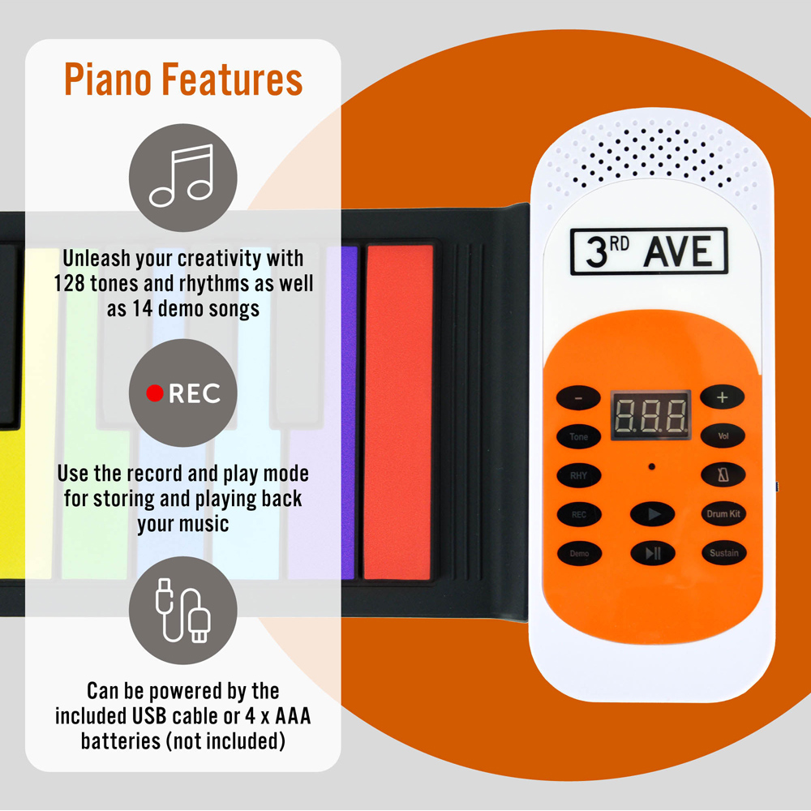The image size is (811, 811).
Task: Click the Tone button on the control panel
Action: (x=579, y=436)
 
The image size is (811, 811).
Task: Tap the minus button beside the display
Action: (x=578, y=397)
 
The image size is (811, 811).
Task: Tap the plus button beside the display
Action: (x=722, y=397)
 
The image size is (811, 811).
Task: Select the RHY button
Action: (x=579, y=475)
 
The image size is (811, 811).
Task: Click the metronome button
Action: (x=723, y=474)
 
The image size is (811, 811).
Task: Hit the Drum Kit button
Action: (x=723, y=513)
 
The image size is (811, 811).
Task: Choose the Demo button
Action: (x=579, y=553)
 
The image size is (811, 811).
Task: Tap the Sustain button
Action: (x=724, y=553)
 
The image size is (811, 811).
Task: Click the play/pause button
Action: (x=653, y=553)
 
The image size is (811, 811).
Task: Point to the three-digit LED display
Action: (x=651, y=415)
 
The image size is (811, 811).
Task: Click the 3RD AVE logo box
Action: (x=649, y=251)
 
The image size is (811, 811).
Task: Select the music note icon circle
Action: (x=183, y=178)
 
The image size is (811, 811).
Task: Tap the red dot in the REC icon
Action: (x=155, y=393)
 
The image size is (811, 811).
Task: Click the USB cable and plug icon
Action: (x=183, y=611)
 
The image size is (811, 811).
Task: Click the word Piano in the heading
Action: (x=108, y=80)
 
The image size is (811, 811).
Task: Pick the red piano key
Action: (x=397, y=412)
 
